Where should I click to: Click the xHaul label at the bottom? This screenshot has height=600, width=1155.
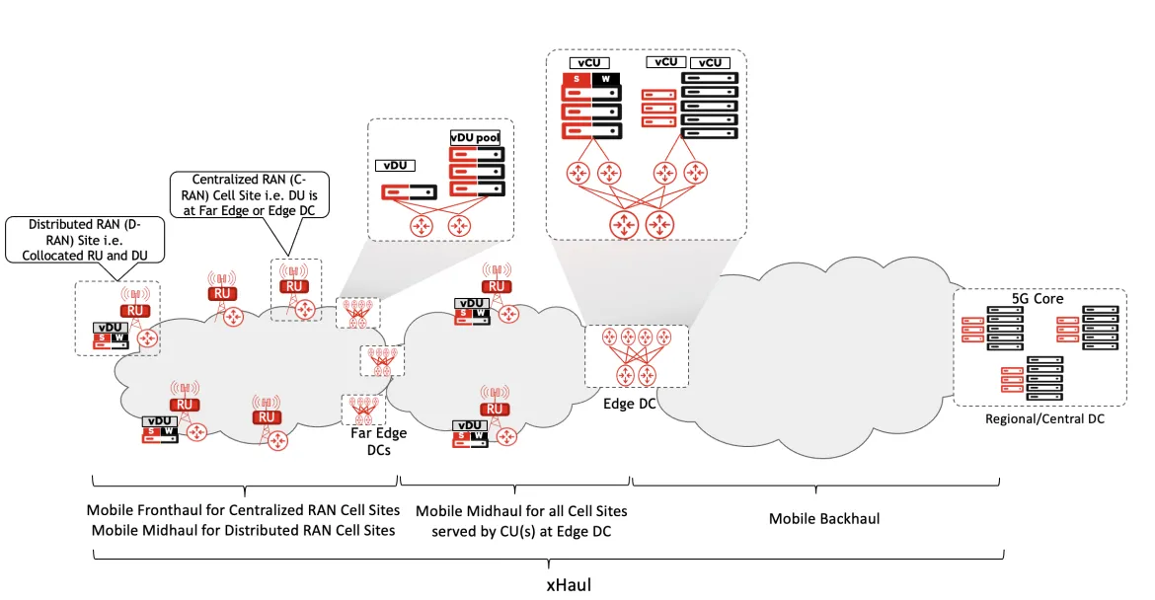click(570, 583)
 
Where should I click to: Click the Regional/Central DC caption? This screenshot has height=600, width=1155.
click(1044, 418)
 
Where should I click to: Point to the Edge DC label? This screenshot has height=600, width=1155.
click(630, 403)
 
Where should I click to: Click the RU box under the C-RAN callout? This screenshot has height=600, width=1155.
click(293, 286)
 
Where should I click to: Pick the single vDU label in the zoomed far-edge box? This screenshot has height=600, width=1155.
click(396, 166)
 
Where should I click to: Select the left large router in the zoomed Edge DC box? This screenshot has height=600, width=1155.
click(624, 224)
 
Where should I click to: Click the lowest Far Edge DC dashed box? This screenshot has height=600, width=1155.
click(362, 410)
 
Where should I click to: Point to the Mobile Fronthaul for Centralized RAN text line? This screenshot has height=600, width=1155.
click(243, 510)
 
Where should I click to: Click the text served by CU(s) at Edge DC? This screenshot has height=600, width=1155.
click(521, 530)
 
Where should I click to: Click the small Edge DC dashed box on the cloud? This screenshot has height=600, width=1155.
click(636, 356)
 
